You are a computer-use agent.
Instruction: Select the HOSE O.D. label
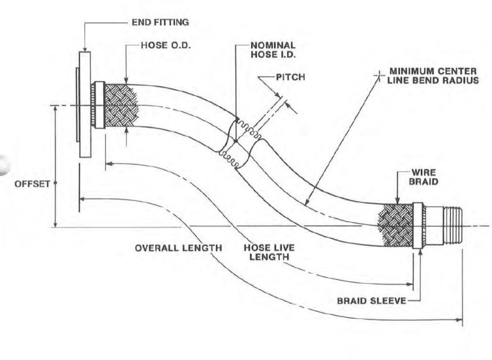coord(165,46)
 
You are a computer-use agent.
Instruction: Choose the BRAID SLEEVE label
coord(371,300)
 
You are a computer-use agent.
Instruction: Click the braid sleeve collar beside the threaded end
coord(418,225)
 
